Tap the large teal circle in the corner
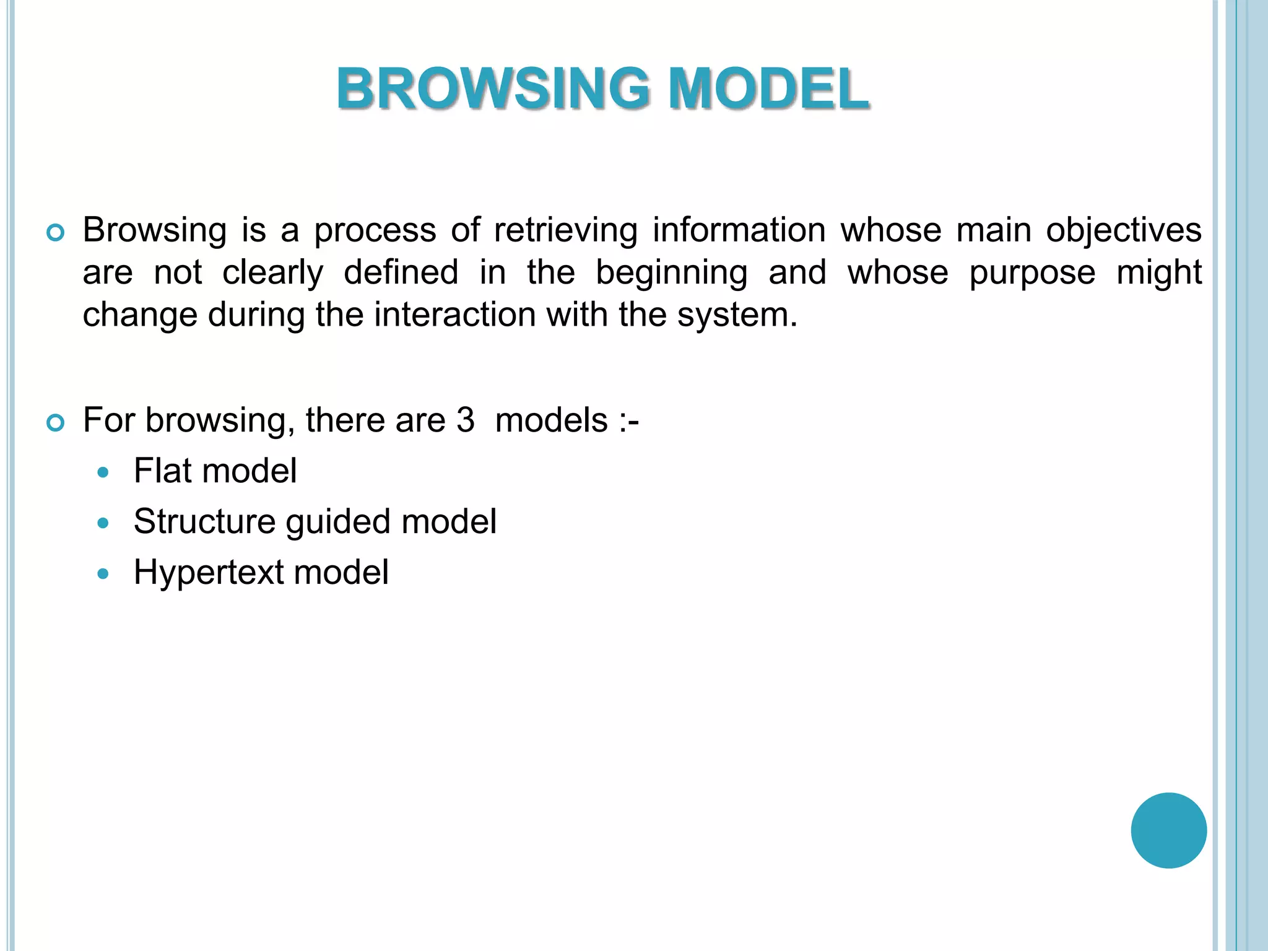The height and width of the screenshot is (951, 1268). click(x=1168, y=830)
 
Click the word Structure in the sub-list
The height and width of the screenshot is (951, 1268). click(x=204, y=521)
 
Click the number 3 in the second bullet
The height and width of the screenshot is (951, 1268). click(x=466, y=420)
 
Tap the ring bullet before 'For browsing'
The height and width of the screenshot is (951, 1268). click(x=56, y=423)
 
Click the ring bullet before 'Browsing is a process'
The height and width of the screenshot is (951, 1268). click(x=56, y=233)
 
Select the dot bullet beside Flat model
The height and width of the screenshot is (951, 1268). click(x=103, y=473)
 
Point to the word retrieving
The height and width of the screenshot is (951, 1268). click(x=565, y=230)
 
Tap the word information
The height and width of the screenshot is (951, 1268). click(x=739, y=230)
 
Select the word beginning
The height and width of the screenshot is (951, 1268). click(x=672, y=272)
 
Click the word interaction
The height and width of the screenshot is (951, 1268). click(x=455, y=315)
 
